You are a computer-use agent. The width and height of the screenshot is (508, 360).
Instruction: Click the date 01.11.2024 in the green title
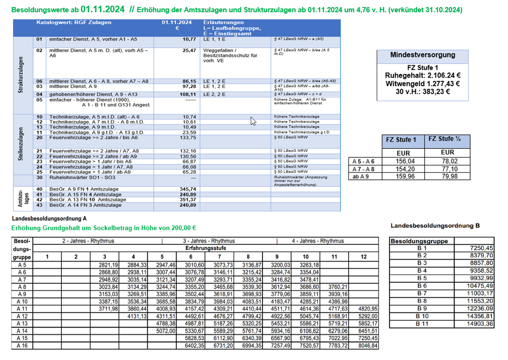point(103,9)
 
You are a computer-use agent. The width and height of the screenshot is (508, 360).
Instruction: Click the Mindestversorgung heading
point(422,55)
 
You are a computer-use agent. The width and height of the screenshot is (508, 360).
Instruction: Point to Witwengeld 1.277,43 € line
point(422,83)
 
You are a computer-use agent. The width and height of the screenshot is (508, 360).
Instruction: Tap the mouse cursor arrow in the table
point(253,121)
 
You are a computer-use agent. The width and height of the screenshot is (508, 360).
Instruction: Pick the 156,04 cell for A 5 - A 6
point(401,161)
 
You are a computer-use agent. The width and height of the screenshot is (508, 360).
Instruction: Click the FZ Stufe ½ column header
point(447,139)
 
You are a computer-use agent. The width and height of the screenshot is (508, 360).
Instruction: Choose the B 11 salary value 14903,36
point(480,324)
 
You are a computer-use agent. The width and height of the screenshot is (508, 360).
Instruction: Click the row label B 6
point(422,286)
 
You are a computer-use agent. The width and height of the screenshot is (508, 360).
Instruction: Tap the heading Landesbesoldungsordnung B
point(435,226)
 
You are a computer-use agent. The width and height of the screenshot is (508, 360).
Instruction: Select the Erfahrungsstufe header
point(206,248)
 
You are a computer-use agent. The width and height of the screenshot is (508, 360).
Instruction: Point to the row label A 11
point(23,308)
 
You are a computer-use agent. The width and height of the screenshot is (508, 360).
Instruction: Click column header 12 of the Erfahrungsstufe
point(364,256)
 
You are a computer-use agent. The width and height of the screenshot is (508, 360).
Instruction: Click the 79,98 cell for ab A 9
point(447,177)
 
